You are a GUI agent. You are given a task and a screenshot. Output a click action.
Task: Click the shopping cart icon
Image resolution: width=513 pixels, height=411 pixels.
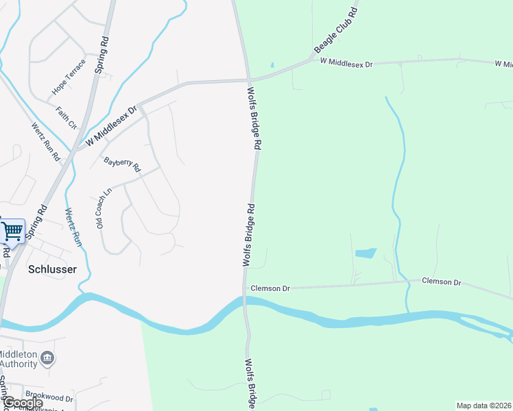[x=12, y=231]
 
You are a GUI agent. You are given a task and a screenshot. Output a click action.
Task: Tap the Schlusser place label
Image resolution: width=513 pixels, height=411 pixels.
[x=52, y=269]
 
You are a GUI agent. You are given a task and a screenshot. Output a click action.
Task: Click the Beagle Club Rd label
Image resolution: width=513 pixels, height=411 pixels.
[x=335, y=31]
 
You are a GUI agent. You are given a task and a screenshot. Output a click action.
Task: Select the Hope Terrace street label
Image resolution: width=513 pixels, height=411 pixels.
[x=69, y=77]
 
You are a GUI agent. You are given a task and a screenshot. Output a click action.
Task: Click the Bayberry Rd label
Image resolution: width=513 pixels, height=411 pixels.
[x=122, y=164]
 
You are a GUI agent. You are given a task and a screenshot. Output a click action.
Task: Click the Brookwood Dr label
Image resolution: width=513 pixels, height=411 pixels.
[x=49, y=395]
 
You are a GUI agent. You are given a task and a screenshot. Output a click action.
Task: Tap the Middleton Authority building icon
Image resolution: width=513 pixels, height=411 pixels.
[x=48, y=358]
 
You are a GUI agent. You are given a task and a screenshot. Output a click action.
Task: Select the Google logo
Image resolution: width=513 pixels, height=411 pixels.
[x=23, y=403]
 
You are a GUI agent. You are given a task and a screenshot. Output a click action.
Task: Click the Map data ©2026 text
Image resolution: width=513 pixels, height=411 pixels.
[x=484, y=406]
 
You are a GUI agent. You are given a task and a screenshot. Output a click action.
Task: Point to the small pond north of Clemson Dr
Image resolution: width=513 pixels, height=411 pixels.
[x=366, y=253]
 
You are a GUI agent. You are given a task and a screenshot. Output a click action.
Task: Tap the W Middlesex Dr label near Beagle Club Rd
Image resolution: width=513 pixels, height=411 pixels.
[x=346, y=63]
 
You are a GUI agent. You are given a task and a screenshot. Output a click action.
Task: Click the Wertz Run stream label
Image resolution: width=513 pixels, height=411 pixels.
[x=73, y=227]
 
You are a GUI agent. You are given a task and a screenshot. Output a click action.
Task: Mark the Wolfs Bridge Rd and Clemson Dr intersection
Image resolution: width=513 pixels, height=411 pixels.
[x=245, y=289]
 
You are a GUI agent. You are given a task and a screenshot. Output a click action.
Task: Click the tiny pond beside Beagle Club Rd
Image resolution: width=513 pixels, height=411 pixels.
[x=272, y=65]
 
